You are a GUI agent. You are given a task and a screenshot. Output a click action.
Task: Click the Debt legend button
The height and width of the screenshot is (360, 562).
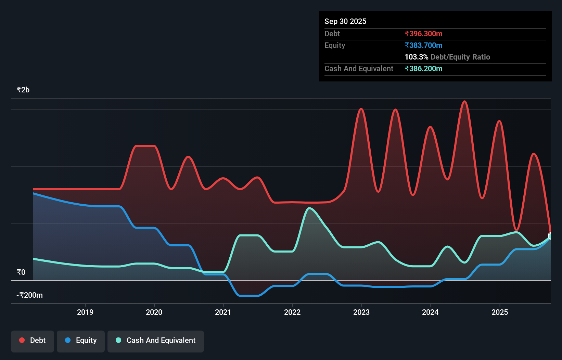[33, 340]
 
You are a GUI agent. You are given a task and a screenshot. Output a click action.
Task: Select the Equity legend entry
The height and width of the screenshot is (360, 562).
[81, 340]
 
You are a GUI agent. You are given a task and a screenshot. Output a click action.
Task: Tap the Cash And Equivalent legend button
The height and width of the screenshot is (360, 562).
[156, 340]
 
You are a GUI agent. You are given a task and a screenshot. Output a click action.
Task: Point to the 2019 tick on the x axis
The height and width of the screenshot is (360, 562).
[85, 312]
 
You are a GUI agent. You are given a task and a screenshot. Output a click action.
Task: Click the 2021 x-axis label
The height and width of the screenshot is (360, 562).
[223, 312]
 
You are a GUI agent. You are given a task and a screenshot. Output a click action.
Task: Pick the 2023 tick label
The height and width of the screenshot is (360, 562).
[361, 312]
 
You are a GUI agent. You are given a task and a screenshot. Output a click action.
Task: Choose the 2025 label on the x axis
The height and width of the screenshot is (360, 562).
[500, 312]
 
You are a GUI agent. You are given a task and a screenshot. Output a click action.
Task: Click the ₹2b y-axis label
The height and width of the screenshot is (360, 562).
[23, 90]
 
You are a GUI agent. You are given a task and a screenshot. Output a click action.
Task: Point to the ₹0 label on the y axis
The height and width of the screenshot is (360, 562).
[21, 272]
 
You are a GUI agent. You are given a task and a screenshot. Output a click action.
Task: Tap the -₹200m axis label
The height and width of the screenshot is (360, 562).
[30, 295]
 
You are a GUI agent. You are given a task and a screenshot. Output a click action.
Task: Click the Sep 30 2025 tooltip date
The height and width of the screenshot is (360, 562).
[345, 22]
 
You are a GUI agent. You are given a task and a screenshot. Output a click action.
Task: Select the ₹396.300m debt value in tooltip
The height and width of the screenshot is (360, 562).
[423, 34]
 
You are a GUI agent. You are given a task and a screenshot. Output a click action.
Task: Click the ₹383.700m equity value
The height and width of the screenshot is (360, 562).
[423, 46]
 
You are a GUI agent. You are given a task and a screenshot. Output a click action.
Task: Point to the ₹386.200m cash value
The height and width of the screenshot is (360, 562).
[423, 69]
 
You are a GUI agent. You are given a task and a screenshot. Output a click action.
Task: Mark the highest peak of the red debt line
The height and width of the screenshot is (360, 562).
[464, 101]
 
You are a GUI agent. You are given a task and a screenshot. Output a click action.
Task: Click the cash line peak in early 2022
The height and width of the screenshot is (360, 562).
[309, 208]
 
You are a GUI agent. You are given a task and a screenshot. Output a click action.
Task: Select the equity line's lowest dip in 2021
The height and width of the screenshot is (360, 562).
[248, 296]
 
